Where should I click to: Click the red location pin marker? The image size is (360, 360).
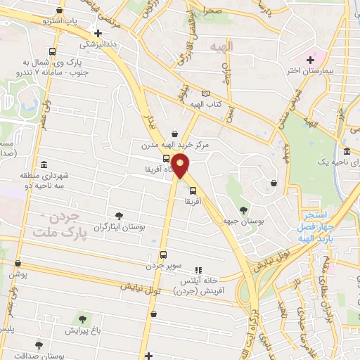point(181,166)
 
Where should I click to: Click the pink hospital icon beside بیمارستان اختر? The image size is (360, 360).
point(310,60)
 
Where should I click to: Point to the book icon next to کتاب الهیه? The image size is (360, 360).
point(205,93)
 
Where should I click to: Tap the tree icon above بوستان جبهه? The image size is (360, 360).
point(243,210)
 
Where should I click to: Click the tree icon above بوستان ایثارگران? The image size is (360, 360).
point(118,216)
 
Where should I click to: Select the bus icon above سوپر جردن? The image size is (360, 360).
point(163,255)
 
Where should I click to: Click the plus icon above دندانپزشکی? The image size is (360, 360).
point(98,33)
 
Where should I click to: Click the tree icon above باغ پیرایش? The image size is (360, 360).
point(82,319)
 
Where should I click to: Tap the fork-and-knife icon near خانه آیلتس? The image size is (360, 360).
point(198,269)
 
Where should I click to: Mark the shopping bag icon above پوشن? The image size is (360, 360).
point(17,264)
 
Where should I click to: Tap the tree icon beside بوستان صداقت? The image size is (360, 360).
point(38,345)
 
